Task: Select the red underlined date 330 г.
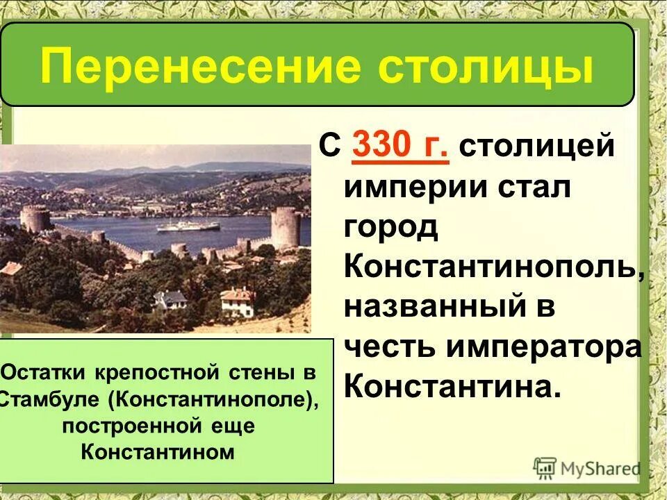click(400, 147)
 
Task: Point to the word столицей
click(536, 147)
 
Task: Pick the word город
click(390, 228)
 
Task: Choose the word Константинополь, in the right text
click(494, 267)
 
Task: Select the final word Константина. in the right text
click(452, 387)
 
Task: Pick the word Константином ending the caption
click(157, 451)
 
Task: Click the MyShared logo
click(586, 467)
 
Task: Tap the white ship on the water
click(188, 226)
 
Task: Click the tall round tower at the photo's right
click(285, 228)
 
